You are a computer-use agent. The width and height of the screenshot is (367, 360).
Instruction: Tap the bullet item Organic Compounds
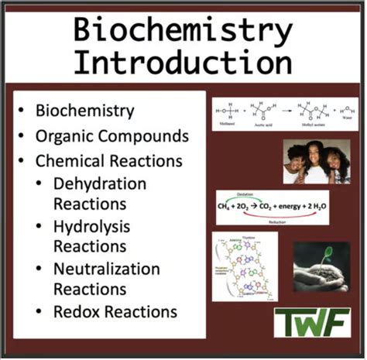[112, 135]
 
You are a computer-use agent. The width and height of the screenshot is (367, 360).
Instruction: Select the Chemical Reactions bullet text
[109, 161]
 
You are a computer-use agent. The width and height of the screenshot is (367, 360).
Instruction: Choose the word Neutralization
[106, 269]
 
